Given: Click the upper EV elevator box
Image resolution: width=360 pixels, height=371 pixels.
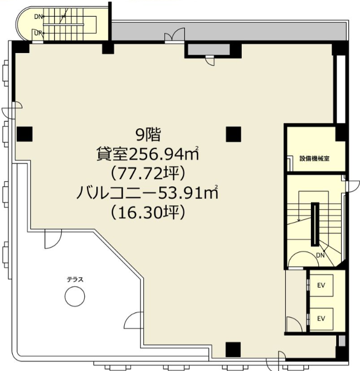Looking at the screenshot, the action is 321,285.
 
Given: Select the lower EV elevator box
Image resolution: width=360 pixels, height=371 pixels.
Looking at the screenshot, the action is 321,319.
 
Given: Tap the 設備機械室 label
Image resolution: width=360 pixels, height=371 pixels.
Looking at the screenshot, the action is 314,158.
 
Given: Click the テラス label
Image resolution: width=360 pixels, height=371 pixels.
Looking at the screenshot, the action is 75,280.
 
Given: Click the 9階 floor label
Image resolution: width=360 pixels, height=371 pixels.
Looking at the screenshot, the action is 148,134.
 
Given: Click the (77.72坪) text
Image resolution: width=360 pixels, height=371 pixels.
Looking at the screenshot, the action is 148,174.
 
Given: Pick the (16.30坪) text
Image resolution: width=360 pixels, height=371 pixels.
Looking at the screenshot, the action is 148,213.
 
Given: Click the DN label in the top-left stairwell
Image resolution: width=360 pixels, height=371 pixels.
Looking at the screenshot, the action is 38,17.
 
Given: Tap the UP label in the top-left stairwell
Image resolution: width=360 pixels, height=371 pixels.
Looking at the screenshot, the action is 38,33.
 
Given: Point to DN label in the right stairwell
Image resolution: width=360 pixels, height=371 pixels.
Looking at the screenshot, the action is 320,256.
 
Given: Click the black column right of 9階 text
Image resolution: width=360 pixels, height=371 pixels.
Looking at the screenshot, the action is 233,134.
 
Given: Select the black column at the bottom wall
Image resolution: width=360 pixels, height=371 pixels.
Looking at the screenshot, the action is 233,349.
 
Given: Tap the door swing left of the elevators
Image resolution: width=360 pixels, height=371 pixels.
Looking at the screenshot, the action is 294,324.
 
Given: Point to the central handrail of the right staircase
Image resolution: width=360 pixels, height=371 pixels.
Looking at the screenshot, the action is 315,224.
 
